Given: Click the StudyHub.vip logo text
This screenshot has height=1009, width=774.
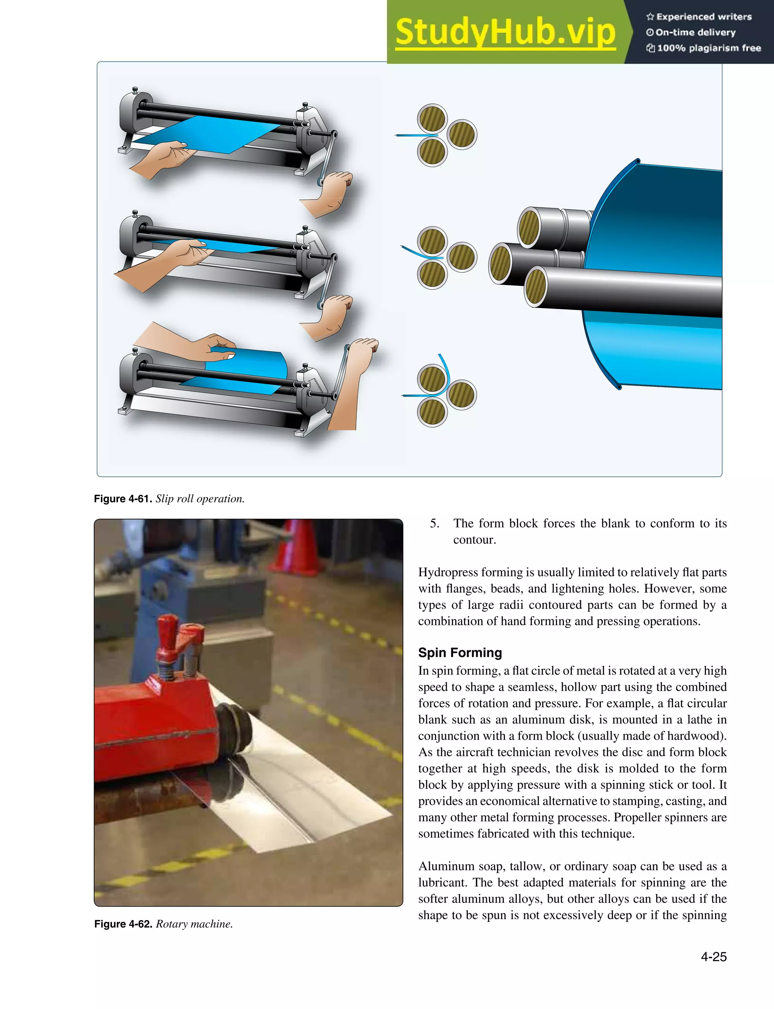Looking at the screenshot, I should (505, 32).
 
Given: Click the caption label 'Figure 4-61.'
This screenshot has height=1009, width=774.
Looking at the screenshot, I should (122, 499).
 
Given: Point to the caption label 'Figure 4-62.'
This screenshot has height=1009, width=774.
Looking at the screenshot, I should (123, 924).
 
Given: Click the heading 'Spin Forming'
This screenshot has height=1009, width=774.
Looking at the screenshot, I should (460, 653).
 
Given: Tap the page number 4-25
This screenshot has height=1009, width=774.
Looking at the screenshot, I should (713, 956).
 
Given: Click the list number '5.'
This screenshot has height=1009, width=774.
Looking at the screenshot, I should (435, 523).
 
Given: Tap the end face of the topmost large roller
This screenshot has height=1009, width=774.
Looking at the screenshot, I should (529, 227).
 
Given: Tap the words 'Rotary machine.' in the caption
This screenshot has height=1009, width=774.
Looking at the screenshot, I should (194, 924).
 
